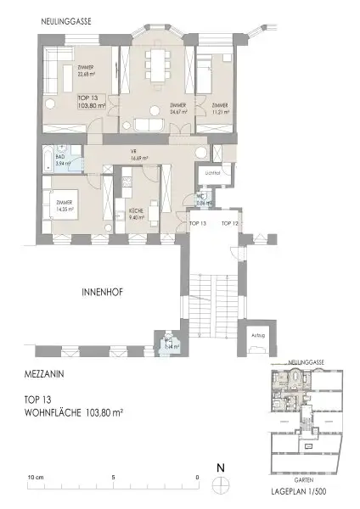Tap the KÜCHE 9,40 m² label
pyautogui.click(x=136, y=215)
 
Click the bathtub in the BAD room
pyautogui.click(x=55, y=159)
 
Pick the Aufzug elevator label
pyautogui.click(x=259, y=334)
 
